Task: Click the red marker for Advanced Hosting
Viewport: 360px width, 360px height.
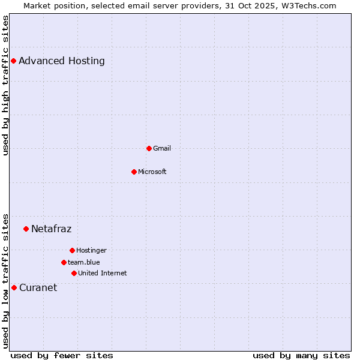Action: coord(13,61)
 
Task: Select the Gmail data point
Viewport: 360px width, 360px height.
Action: coord(149,148)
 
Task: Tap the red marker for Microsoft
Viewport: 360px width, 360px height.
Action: coord(134,172)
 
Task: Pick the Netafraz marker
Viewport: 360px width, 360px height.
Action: coord(26,229)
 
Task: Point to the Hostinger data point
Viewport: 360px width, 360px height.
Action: coord(72,250)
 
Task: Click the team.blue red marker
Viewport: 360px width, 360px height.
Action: coord(64,262)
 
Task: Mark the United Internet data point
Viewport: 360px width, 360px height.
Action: coord(74,273)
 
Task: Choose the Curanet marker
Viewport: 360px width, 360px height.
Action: coord(14,287)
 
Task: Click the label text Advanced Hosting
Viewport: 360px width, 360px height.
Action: coord(61,61)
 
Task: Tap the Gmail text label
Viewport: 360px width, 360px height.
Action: coord(161,148)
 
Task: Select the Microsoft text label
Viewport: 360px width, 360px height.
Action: coord(152,172)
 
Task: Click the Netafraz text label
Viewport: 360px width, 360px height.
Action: coord(51,229)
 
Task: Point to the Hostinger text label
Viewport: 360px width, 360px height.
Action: coord(91,250)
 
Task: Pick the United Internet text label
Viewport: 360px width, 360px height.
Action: coord(102,273)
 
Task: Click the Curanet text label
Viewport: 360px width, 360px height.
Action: coord(38,287)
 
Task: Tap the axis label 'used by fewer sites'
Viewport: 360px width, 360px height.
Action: coord(62,355)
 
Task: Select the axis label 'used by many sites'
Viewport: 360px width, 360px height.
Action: coord(301,355)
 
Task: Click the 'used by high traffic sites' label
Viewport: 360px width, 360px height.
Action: coord(5,85)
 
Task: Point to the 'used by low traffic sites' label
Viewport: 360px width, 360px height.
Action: coord(5,281)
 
